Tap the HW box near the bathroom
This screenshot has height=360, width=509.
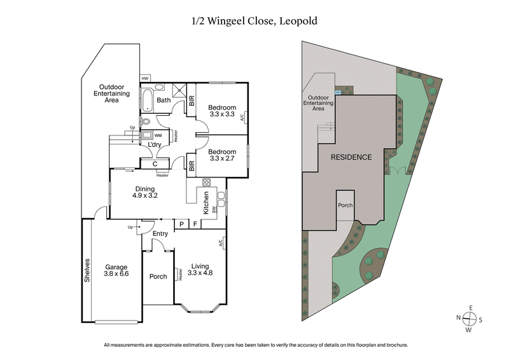click(x=144, y=78)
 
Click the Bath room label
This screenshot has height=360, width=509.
click(x=164, y=100)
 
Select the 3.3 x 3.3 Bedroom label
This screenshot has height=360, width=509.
click(x=223, y=111)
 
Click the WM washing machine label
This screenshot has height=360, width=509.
click(x=158, y=135)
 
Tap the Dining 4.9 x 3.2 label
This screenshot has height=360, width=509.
click(x=145, y=192)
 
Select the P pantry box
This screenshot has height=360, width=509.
click(x=181, y=224)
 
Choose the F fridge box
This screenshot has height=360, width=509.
click(x=195, y=224)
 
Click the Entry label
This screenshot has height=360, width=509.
click(x=160, y=233)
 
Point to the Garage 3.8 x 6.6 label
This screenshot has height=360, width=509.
click(x=116, y=271)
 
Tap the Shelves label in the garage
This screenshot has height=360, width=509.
click(x=88, y=270)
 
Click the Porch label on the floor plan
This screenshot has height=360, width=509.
click(x=158, y=277)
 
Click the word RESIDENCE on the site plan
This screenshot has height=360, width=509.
click(x=350, y=156)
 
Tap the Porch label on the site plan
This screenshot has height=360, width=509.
click(x=345, y=205)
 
